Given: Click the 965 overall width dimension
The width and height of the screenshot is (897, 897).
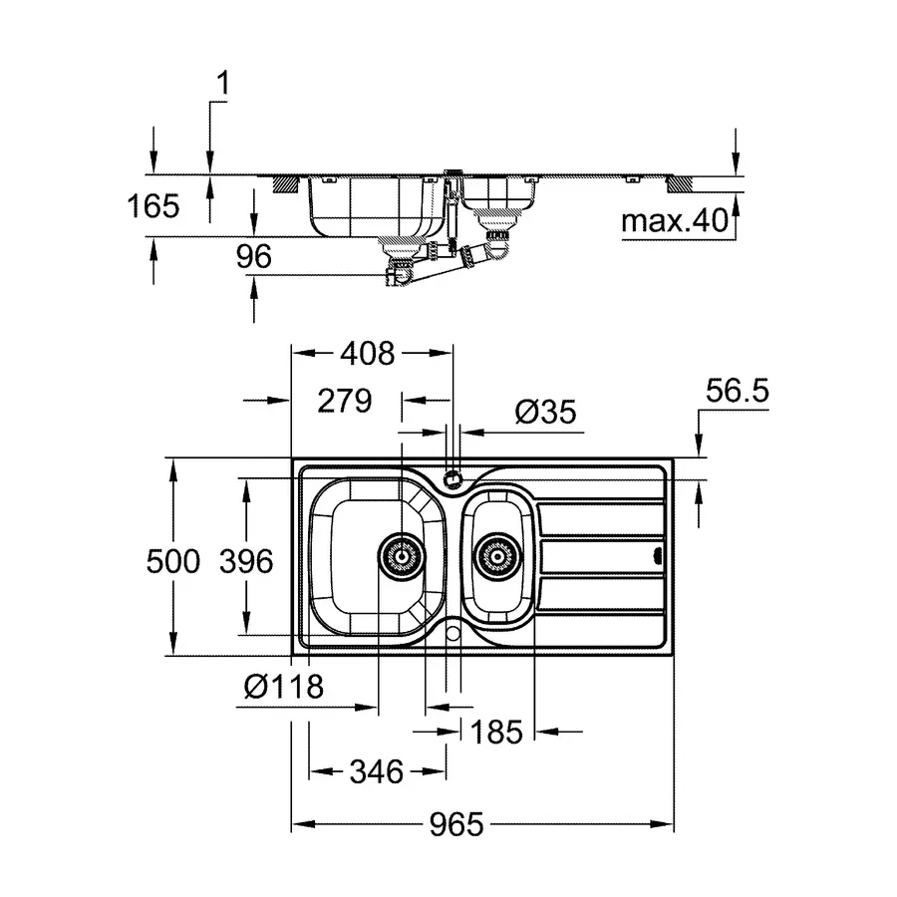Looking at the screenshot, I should click(456, 825).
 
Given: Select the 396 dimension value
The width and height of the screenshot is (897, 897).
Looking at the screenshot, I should click(245, 561).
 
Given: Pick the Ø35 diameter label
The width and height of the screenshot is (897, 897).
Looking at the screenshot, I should click(545, 412).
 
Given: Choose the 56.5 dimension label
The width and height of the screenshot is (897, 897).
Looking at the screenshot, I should click(738, 393).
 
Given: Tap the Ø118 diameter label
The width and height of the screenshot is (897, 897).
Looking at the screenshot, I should click(283, 687).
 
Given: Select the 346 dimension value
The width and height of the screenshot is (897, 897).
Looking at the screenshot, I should click(376, 770).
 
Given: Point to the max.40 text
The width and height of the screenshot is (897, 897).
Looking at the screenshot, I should click(676, 220).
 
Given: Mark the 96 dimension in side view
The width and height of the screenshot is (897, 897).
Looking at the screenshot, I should click(254, 256).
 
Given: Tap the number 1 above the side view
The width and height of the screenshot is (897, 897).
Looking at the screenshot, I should click(222, 86).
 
